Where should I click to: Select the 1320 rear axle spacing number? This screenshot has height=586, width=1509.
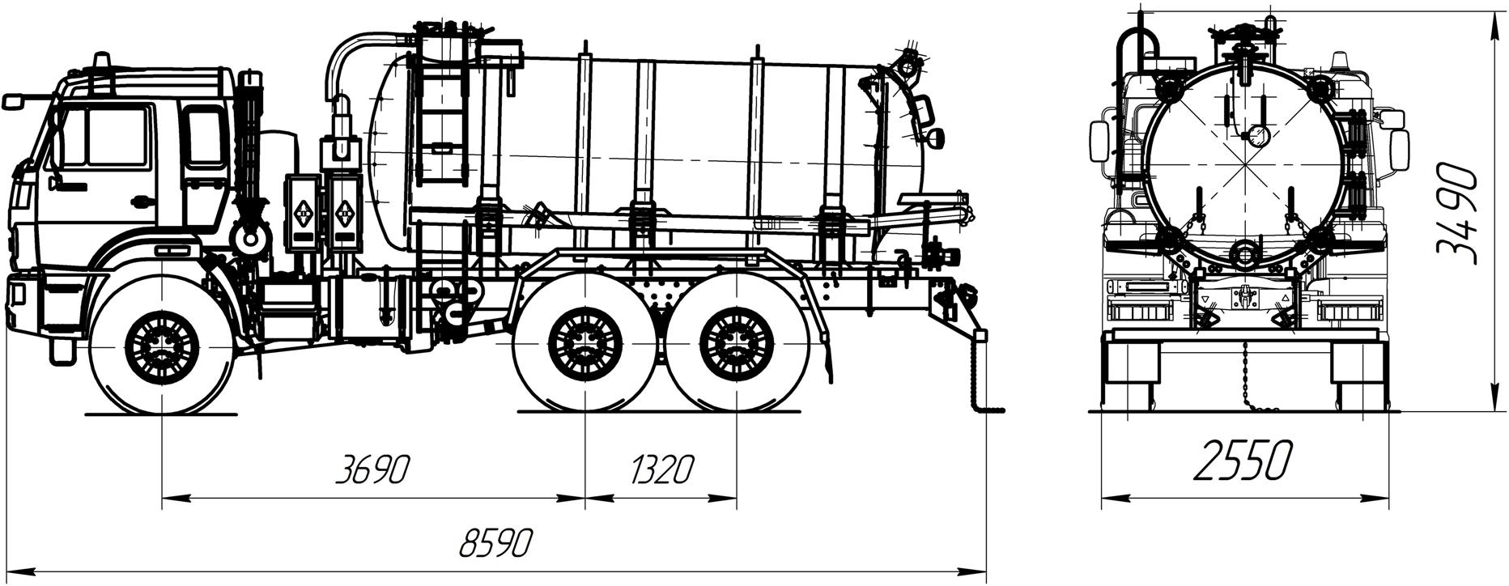(x=661, y=469)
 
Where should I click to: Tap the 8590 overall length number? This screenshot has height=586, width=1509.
(x=495, y=543)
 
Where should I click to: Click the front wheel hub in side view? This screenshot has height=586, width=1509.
(x=162, y=348)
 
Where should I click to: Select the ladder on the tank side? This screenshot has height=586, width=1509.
(x=441, y=121)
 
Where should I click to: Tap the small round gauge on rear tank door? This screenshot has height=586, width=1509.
(x=1256, y=135)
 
